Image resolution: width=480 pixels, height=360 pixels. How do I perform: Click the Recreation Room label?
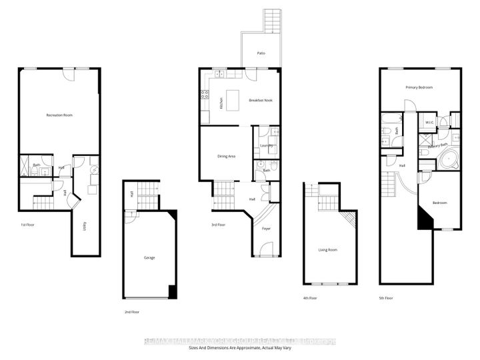59,115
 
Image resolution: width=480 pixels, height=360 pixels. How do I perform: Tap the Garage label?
149,257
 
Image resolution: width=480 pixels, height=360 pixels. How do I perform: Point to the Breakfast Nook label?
261,101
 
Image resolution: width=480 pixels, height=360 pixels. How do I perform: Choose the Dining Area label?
227,157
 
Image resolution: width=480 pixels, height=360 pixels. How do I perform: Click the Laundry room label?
267,145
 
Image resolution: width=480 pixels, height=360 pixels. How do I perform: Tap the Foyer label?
266,229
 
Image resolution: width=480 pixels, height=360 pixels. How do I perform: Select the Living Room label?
327,250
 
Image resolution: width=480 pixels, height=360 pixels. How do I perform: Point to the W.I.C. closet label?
430,123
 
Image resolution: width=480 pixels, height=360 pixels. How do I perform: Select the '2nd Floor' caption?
131,311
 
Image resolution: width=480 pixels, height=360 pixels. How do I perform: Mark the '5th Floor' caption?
387,297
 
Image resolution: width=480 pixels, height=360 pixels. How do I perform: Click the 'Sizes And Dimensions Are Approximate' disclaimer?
240,349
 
